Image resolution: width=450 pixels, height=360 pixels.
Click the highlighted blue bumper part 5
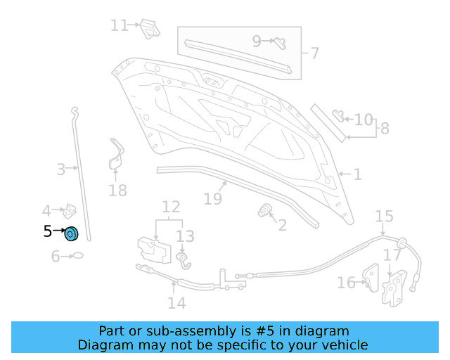[x=72, y=233]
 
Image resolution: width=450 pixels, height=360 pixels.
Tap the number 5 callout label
[x=47, y=231]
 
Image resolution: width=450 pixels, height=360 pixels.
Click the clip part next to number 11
[x=148, y=28]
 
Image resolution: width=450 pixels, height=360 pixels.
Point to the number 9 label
[x=257, y=41]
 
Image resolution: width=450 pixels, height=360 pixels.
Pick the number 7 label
[x=314, y=53]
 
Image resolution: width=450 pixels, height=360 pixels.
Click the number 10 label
[x=364, y=120]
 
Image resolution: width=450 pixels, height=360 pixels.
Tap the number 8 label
[x=384, y=129]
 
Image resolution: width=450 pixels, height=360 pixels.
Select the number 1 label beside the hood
[x=357, y=174]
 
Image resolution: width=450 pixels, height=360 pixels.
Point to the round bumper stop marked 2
[x=266, y=210]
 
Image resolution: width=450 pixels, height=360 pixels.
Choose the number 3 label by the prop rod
[x=61, y=169]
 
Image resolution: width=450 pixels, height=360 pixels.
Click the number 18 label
[x=118, y=190]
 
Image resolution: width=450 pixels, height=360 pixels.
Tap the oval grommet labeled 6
[x=78, y=256]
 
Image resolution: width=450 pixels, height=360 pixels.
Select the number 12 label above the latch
[x=171, y=207]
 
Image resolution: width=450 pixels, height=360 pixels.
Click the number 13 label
[x=184, y=236]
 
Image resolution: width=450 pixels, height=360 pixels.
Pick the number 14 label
[x=176, y=302]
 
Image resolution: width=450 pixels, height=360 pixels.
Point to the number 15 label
[x=384, y=215]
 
